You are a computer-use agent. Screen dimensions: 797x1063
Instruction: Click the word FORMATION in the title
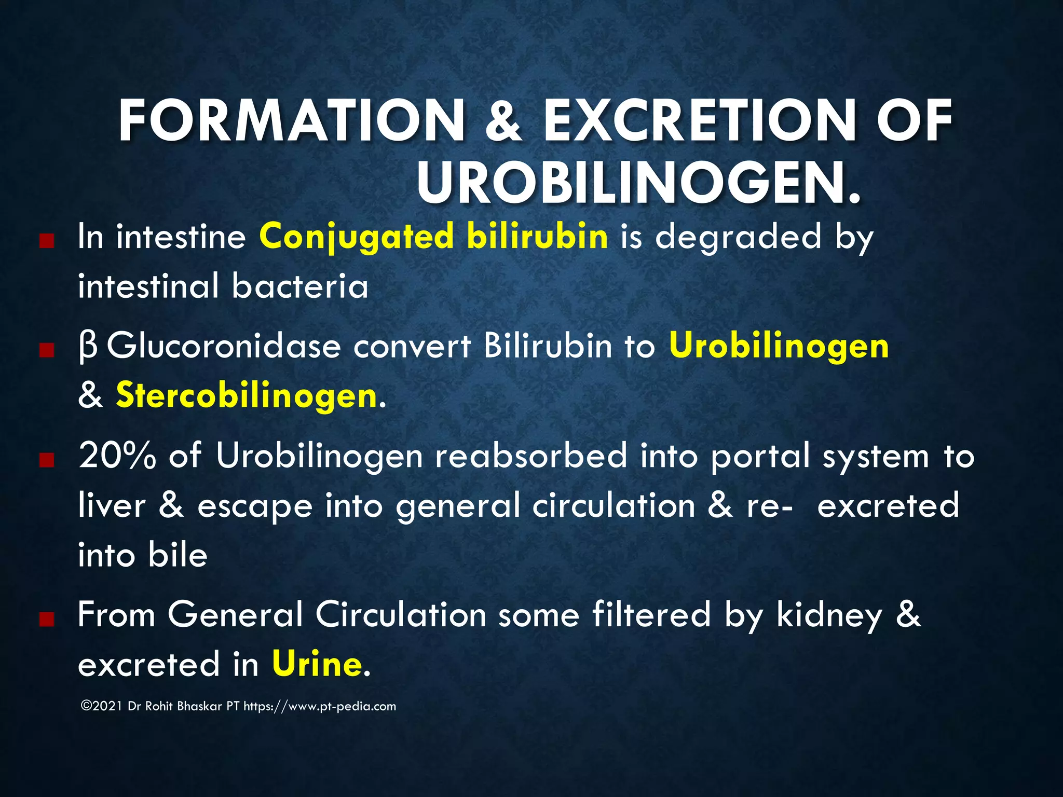[291, 120]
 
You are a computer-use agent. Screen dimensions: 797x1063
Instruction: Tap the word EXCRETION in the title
[699, 120]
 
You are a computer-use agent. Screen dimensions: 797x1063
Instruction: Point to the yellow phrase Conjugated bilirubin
[433, 237]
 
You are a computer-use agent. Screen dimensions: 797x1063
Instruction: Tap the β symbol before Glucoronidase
[88, 347]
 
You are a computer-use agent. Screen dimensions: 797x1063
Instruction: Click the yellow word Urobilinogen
[779, 346]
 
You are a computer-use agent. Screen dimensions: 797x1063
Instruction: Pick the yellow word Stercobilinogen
[246, 395]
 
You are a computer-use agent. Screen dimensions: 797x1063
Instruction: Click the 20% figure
[117, 456]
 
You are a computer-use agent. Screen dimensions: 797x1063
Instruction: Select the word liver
[112, 505]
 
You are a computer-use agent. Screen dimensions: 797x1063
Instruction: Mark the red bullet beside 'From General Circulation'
[47, 619]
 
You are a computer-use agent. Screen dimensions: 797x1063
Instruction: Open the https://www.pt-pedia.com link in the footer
[320, 706]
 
